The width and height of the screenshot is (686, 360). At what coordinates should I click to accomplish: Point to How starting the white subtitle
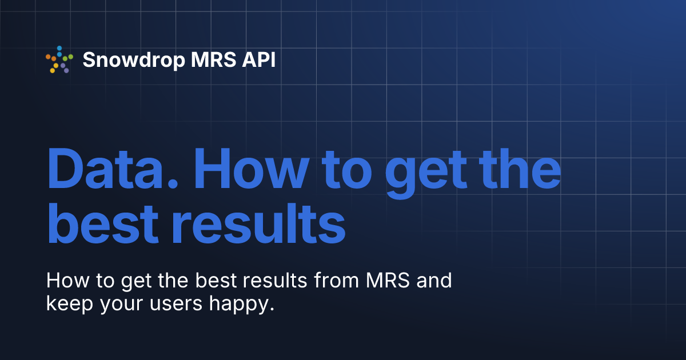click(64, 281)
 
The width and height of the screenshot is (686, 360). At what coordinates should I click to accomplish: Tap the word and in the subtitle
click(436, 281)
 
